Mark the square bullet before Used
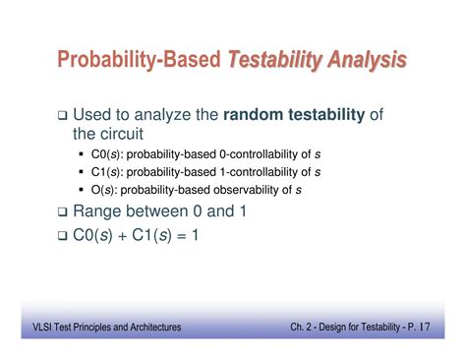tap(62, 116)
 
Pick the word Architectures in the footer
tap(154, 327)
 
